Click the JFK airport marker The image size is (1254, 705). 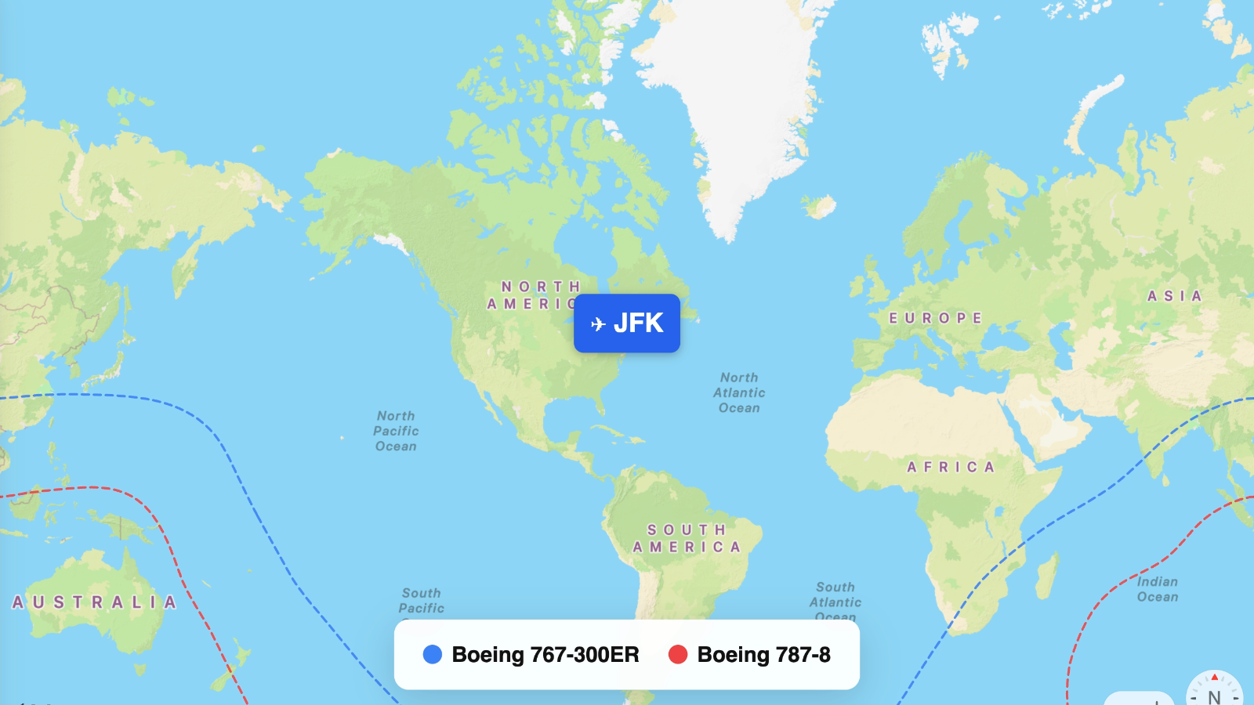[x=627, y=323]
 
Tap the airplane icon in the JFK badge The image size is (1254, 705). [x=599, y=324]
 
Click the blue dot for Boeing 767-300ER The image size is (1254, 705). [x=433, y=655]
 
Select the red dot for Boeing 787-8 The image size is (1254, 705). [x=678, y=655]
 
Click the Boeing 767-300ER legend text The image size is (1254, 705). [x=545, y=655]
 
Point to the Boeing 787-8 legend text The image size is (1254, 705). [x=763, y=655]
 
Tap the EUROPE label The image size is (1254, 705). [x=935, y=318]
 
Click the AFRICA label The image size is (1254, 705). [x=951, y=467]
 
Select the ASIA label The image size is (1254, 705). [x=1174, y=296]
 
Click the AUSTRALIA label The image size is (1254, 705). [x=94, y=602]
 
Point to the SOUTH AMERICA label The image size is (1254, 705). [x=687, y=539]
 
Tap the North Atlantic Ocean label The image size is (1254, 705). [x=739, y=392]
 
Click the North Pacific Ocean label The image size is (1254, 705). [x=396, y=431]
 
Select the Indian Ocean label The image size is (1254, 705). [x=1158, y=589]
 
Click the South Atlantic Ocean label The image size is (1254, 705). [x=835, y=600]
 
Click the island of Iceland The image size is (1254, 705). [x=820, y=208]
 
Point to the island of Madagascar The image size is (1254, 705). [x=1047, y=576]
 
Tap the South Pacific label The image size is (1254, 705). [x=422, y=600]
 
